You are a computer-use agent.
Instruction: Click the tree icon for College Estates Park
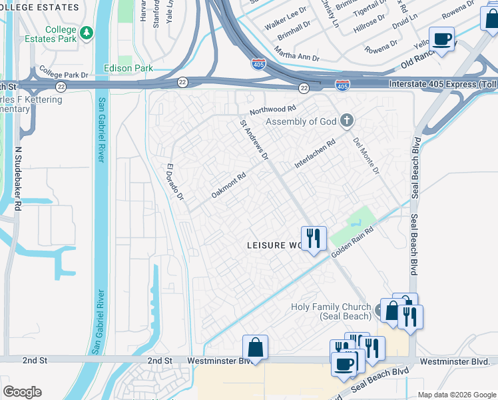[86, 33]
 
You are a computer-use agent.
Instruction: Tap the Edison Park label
[128, 68]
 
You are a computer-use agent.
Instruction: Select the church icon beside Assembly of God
[346, 121]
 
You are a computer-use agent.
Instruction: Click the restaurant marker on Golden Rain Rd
[314, 237]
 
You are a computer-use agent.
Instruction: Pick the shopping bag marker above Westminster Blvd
[255, 347]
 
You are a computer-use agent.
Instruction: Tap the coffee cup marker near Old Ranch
[441, 39]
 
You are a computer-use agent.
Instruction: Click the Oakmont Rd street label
[228, 185]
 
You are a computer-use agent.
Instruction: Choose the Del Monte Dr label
[366, 156]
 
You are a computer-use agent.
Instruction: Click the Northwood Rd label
[272, 109]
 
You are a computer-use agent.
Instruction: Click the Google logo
[22, 392]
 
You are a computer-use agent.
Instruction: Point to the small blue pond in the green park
[357, 217]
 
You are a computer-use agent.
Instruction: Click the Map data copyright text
[456, 395]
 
